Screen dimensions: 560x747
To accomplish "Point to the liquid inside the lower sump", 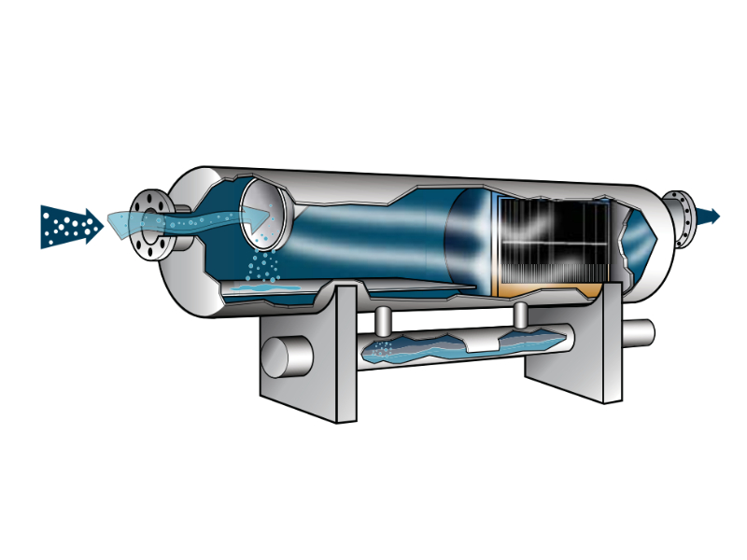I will click(448, 349).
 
